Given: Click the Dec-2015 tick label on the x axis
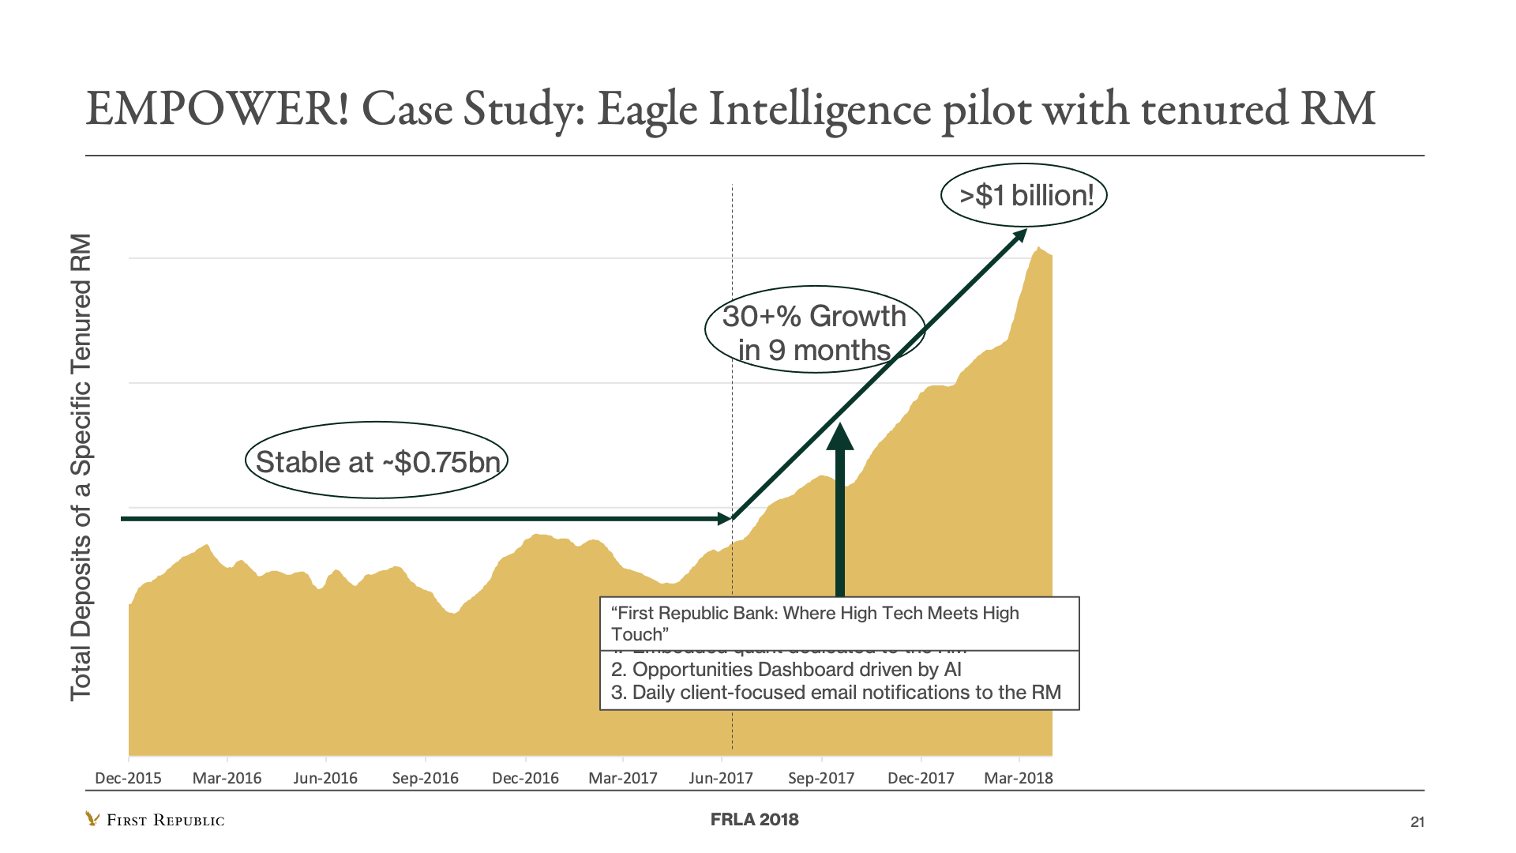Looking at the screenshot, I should point(128,778).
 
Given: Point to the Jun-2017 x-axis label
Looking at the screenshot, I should point(720,778).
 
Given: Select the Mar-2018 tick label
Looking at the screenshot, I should point(1018,778).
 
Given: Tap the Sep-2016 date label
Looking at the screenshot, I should point(425,778).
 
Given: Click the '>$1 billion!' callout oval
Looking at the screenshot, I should point(1024,195).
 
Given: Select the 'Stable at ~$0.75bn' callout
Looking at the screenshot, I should point(377,461).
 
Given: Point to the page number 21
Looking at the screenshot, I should point(1417,822).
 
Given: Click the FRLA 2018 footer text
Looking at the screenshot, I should point(754,820).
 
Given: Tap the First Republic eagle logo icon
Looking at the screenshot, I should point(92,819).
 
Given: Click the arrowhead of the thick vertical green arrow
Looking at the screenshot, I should point(840,437).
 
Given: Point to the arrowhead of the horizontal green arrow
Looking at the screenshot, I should point(724,519).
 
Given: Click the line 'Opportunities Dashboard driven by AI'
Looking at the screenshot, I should point(786,670).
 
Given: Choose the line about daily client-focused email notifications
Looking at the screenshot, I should point(836,693).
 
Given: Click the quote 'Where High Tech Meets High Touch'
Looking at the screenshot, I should point(815,623).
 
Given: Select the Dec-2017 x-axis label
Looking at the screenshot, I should point(921,778).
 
